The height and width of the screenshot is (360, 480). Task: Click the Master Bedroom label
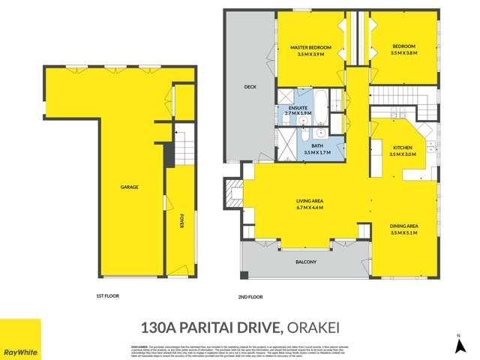click(x=311, y=50)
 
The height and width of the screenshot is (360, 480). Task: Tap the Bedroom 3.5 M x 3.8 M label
click(x=403, y=50)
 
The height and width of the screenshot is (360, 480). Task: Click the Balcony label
click(x=306, y=262)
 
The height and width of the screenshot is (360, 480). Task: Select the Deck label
click(x=250, y=87)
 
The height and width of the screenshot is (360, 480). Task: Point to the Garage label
click(x=129, y=187)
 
